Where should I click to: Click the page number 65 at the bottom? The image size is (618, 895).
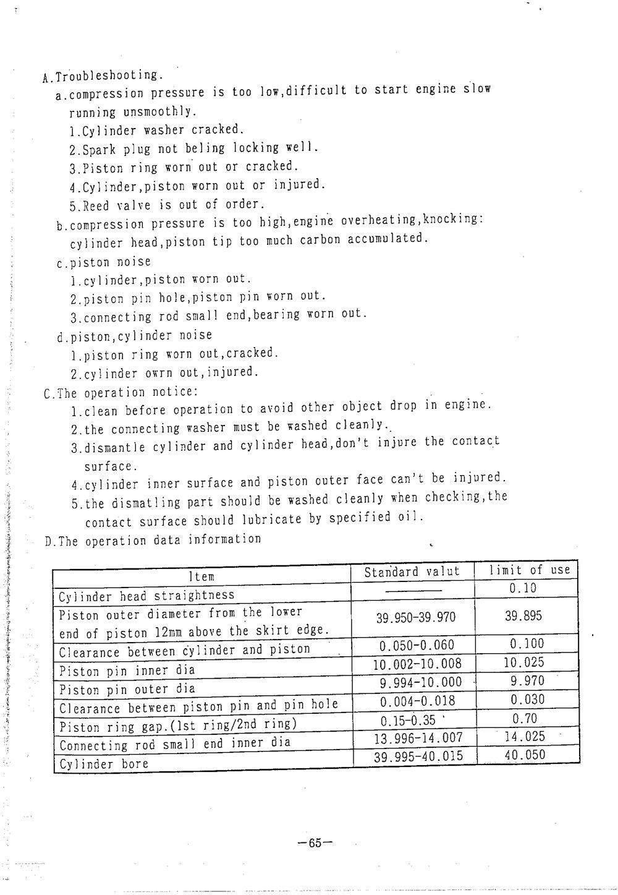pyautogui.click(x=315, y=842)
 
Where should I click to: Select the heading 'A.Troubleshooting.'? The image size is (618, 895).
pyautogui.click(x=103, y=76)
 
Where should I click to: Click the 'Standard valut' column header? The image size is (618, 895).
pyautogui.click(x=412, y=572)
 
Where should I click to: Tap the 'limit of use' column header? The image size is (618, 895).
pyautogui.click(x=529, y=570)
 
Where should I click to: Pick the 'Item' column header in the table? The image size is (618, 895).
pyautogui.click(x=201, y=576)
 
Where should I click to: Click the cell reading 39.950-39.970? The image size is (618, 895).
pyautogui.click(x=415, y=617)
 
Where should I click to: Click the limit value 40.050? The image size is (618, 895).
pyautogui.click(x=525, y=755)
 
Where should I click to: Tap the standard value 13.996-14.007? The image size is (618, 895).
pyautogui.click(x=418, y=738)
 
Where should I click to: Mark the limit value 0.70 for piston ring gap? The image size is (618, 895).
pyautogui.click(x=525, y=718)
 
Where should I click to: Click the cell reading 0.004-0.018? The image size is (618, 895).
pyautogui.click(x=417, y=701)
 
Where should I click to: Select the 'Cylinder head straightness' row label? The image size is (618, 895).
pyautogui.click(x=146, y=596)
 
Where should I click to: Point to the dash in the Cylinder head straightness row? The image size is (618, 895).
pyautogui.click(x=413, y=590)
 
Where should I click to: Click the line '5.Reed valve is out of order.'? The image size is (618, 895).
pyautogui.click(x=167, y=204)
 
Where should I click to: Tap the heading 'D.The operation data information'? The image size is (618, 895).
pyautogui.click(x=153, y=540)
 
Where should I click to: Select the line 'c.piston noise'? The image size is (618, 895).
pyautogui.click(x=103, y=262)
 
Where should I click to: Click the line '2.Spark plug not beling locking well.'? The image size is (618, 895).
pyautogui.click(x=194, y=148)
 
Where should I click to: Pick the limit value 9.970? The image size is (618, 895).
pyautogui.click(x=527, y=681)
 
